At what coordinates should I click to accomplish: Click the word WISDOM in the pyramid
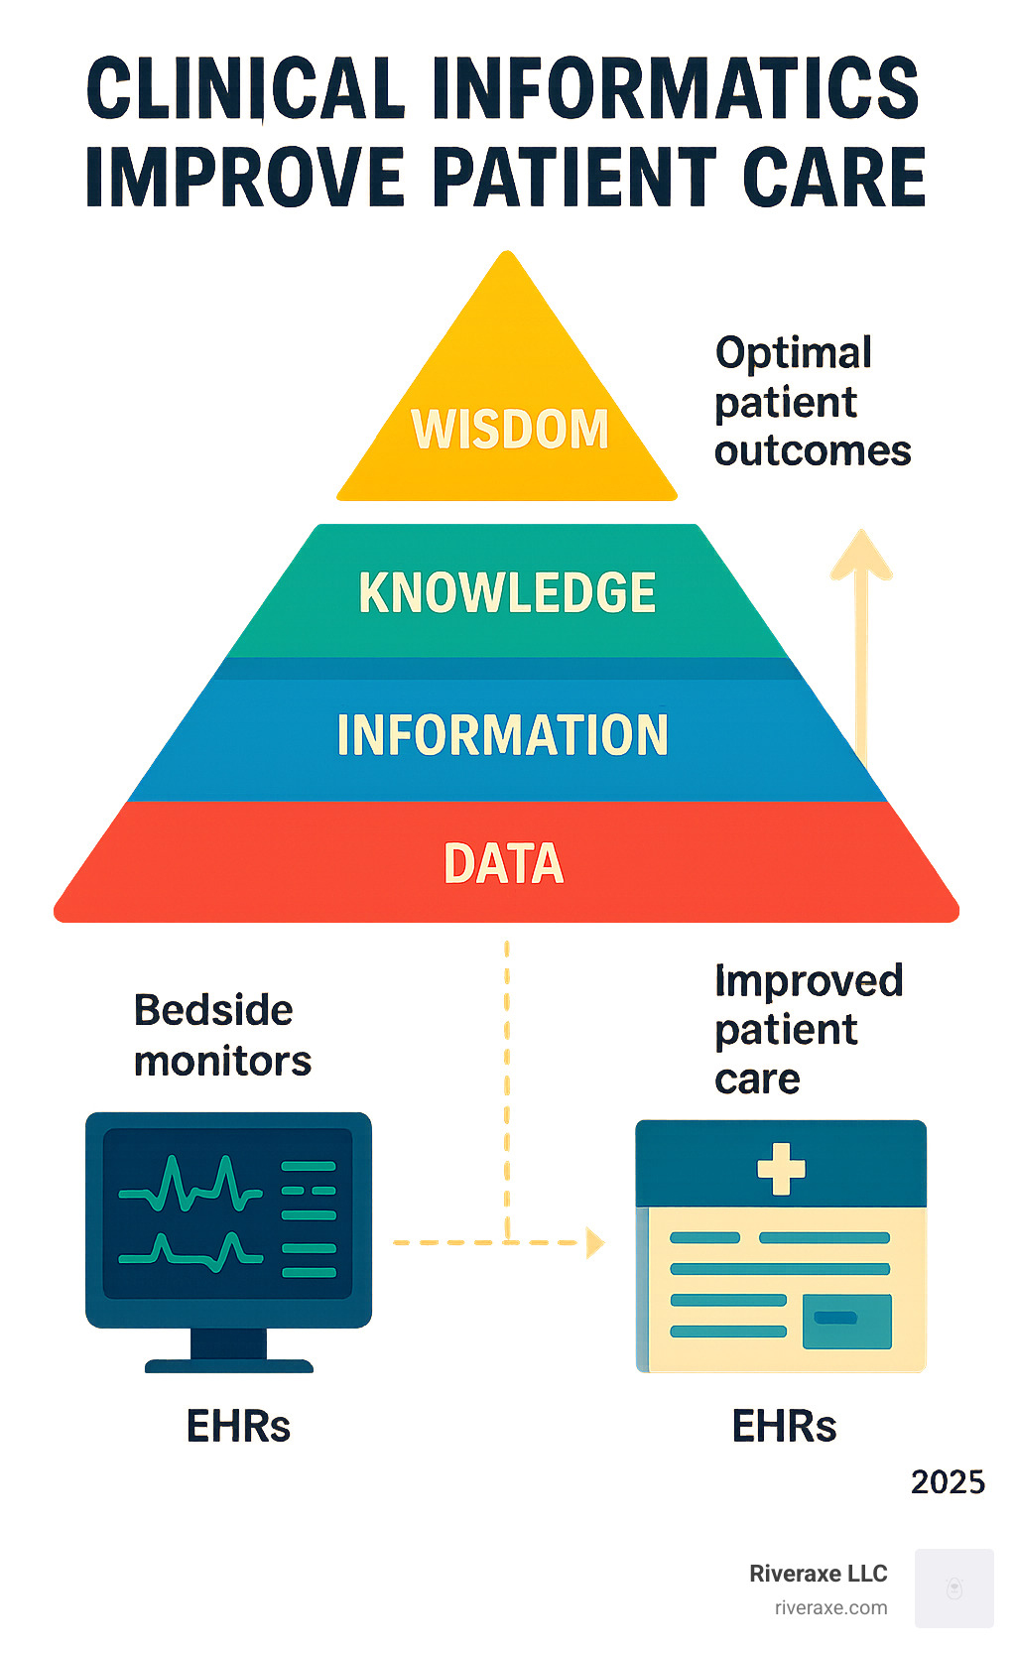pos(510,429)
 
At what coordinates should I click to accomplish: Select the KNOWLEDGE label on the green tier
pos(507,592)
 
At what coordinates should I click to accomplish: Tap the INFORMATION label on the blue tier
pos(502,735)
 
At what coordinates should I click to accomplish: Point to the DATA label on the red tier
pos(504,863)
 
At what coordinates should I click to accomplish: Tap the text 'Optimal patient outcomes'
pos(812,402)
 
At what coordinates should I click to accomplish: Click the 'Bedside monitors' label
pos(222,1035)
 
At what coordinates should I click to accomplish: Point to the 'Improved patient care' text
pos(808,1029)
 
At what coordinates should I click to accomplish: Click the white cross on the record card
pos(781,1168)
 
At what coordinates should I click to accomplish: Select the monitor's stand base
pos(229,1364)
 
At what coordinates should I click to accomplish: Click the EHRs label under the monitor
pos(238,1427)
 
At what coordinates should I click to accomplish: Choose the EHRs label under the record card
pos(784,1427)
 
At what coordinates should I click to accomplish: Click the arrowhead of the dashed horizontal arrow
pos(595,1242)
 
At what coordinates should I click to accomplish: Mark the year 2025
pos(948,1482)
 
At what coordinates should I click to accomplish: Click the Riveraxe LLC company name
pos(818,1574)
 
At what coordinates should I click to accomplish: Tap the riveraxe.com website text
pos(830,1608)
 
